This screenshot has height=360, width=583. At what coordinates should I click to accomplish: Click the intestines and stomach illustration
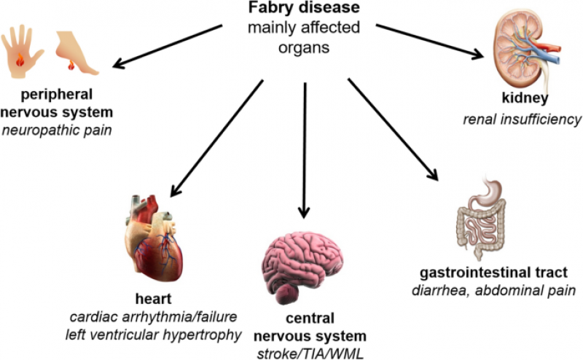click(x=482, y=219)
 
